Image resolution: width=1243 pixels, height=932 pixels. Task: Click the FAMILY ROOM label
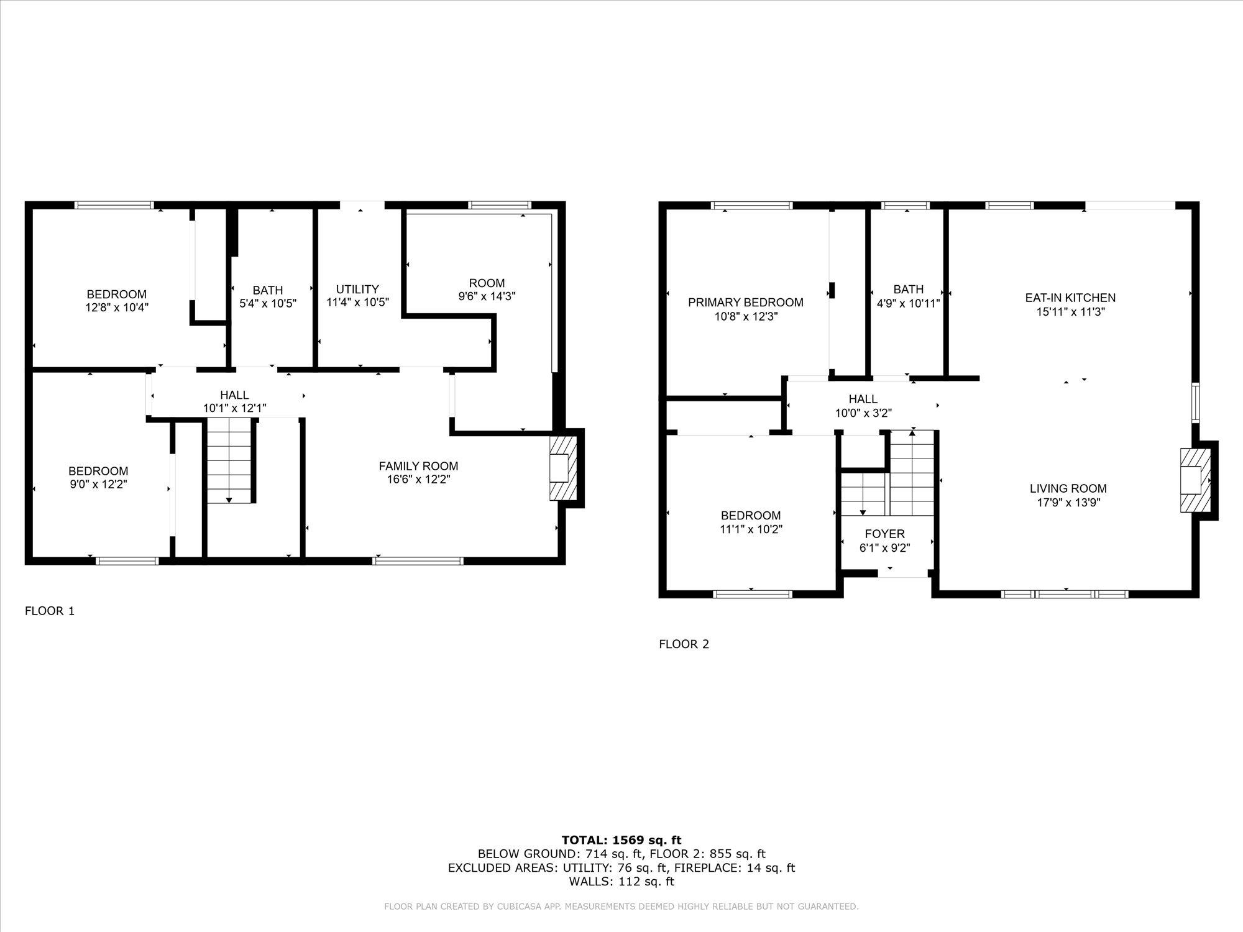click(x=418, y=466)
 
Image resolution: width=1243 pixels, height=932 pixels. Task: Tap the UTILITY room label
click(x=357, y=289)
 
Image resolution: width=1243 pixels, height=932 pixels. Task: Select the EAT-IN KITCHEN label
click(x=1070, y=298)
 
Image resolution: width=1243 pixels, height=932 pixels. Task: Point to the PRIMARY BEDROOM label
click(x=745, y=303)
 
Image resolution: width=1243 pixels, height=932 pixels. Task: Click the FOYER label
click(x=884, y=534)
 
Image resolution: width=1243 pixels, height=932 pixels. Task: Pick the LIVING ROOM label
click(x=1068, y=488)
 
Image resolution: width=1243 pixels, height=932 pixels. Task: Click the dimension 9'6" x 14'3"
click(x=487, y=297)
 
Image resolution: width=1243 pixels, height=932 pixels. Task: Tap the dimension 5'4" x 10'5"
click(x=268, y=304)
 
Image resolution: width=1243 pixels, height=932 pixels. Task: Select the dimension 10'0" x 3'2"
click(x=863, y=413)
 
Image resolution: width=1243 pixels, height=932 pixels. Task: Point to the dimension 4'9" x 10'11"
click(x=908, y=304)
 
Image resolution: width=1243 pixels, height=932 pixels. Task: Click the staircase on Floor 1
click(x=229, y=460)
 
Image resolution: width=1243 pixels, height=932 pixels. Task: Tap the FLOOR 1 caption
click(x=50, y=611)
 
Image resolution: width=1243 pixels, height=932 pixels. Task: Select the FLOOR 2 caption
click(x=684, y=644)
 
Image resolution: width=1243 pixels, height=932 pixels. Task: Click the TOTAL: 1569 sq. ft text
click(x=621, y=841)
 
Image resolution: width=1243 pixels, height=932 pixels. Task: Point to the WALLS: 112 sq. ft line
click(x=621, y=881)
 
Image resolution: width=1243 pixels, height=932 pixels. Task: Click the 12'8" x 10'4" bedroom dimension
click(x=117, y=307)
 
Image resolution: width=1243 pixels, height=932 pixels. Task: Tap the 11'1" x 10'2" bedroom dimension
click(x=751, y=529)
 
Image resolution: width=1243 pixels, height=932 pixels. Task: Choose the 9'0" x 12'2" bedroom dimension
click(x=98, y=484)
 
